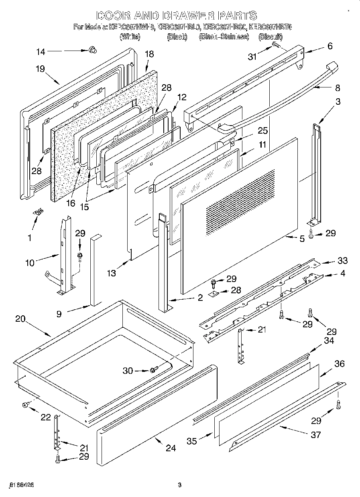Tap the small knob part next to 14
93,50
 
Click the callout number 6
329,46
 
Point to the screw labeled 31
276,45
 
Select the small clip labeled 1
39,212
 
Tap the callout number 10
30,263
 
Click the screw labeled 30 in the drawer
153,370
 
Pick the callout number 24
171,448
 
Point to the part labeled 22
25,406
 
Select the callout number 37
316,434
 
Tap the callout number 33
342,261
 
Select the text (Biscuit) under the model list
271,37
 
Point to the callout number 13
112,273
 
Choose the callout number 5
302,239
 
